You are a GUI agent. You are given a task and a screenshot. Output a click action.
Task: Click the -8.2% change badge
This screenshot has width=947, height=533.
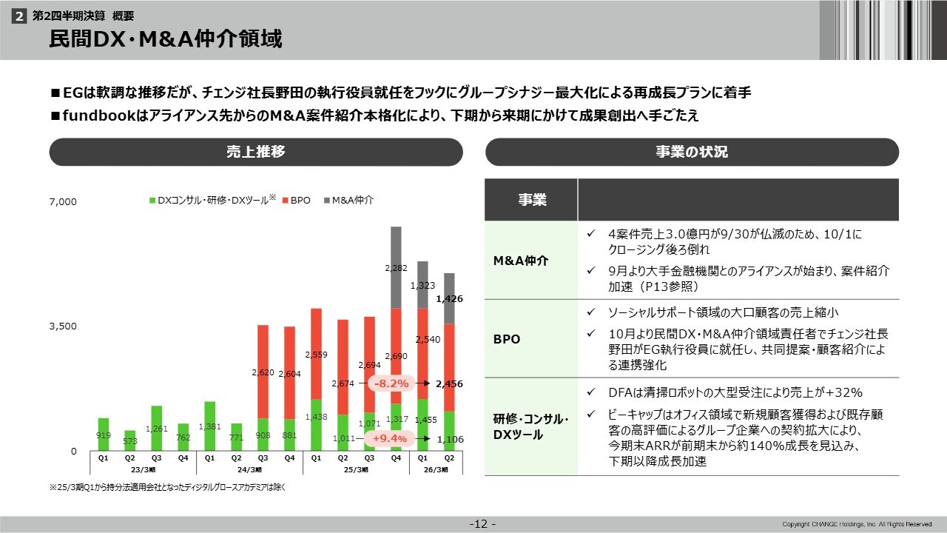(x=391, y=383)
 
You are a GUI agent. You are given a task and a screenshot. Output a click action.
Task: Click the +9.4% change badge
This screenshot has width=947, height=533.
(x=390, y=439)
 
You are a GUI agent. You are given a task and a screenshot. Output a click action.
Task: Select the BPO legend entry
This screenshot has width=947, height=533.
(x=296, y=200)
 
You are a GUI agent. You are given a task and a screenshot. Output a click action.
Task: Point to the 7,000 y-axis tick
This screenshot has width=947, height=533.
(x=63, y=201)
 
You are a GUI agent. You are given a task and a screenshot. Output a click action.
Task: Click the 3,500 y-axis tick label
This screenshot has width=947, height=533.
(x=63, y=326)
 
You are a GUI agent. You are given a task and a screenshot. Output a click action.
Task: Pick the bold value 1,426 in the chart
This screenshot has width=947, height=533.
(x=449, y=299)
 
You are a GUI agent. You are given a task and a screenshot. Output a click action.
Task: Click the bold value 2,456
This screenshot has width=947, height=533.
(x=449, y=383)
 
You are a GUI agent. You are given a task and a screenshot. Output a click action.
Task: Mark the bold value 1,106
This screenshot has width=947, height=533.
(x=449, y=439)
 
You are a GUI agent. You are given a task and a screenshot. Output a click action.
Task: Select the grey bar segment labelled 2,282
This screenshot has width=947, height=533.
(x=396, y=267)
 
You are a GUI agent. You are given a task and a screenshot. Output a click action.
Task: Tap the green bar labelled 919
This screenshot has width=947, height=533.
(x=104, y=435)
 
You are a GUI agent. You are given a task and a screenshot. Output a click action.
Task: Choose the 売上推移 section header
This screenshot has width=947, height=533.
(x=256, y=152)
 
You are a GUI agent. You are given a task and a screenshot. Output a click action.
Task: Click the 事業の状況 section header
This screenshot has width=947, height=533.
(x=692, y=152)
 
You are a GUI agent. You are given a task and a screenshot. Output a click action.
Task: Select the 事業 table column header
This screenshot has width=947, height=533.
(x=531, y=200)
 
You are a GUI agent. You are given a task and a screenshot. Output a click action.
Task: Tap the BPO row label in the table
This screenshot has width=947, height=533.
(x=508, y=340)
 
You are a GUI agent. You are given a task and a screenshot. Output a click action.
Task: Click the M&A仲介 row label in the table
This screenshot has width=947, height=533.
(x=521, y=261)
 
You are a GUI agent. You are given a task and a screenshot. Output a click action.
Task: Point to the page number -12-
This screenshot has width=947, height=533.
(x=483, y=525)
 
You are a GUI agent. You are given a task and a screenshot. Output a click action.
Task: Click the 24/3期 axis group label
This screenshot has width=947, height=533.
(x=249, y=469)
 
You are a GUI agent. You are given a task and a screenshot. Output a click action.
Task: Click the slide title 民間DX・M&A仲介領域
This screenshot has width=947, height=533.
(x=166, y=39)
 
